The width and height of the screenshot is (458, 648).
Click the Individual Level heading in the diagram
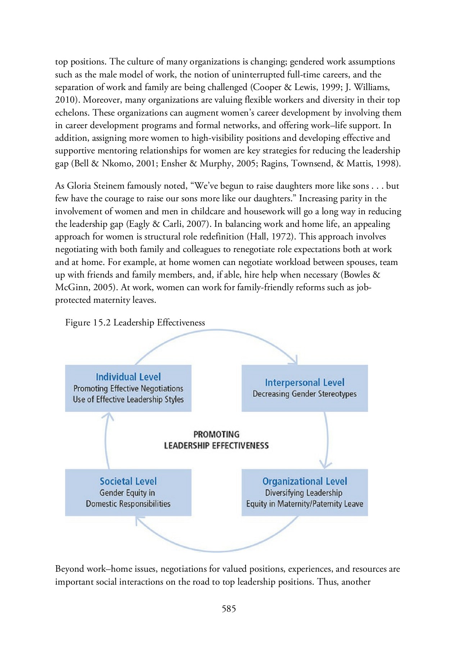128,377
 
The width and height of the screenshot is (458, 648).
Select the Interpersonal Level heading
304,382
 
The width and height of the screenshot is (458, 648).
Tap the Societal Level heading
128,481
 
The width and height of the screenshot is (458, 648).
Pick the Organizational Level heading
304,481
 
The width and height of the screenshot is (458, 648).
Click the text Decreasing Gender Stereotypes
304,394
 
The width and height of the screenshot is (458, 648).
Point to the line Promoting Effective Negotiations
128,388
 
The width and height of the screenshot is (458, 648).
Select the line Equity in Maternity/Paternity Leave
304,504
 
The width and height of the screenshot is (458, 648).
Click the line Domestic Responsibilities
128,504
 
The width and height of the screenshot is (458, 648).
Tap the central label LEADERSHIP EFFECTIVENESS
216,446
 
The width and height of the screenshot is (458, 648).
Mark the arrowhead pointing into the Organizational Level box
326,464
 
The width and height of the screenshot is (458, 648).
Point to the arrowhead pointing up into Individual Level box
107,417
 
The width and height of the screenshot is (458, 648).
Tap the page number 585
229,609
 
